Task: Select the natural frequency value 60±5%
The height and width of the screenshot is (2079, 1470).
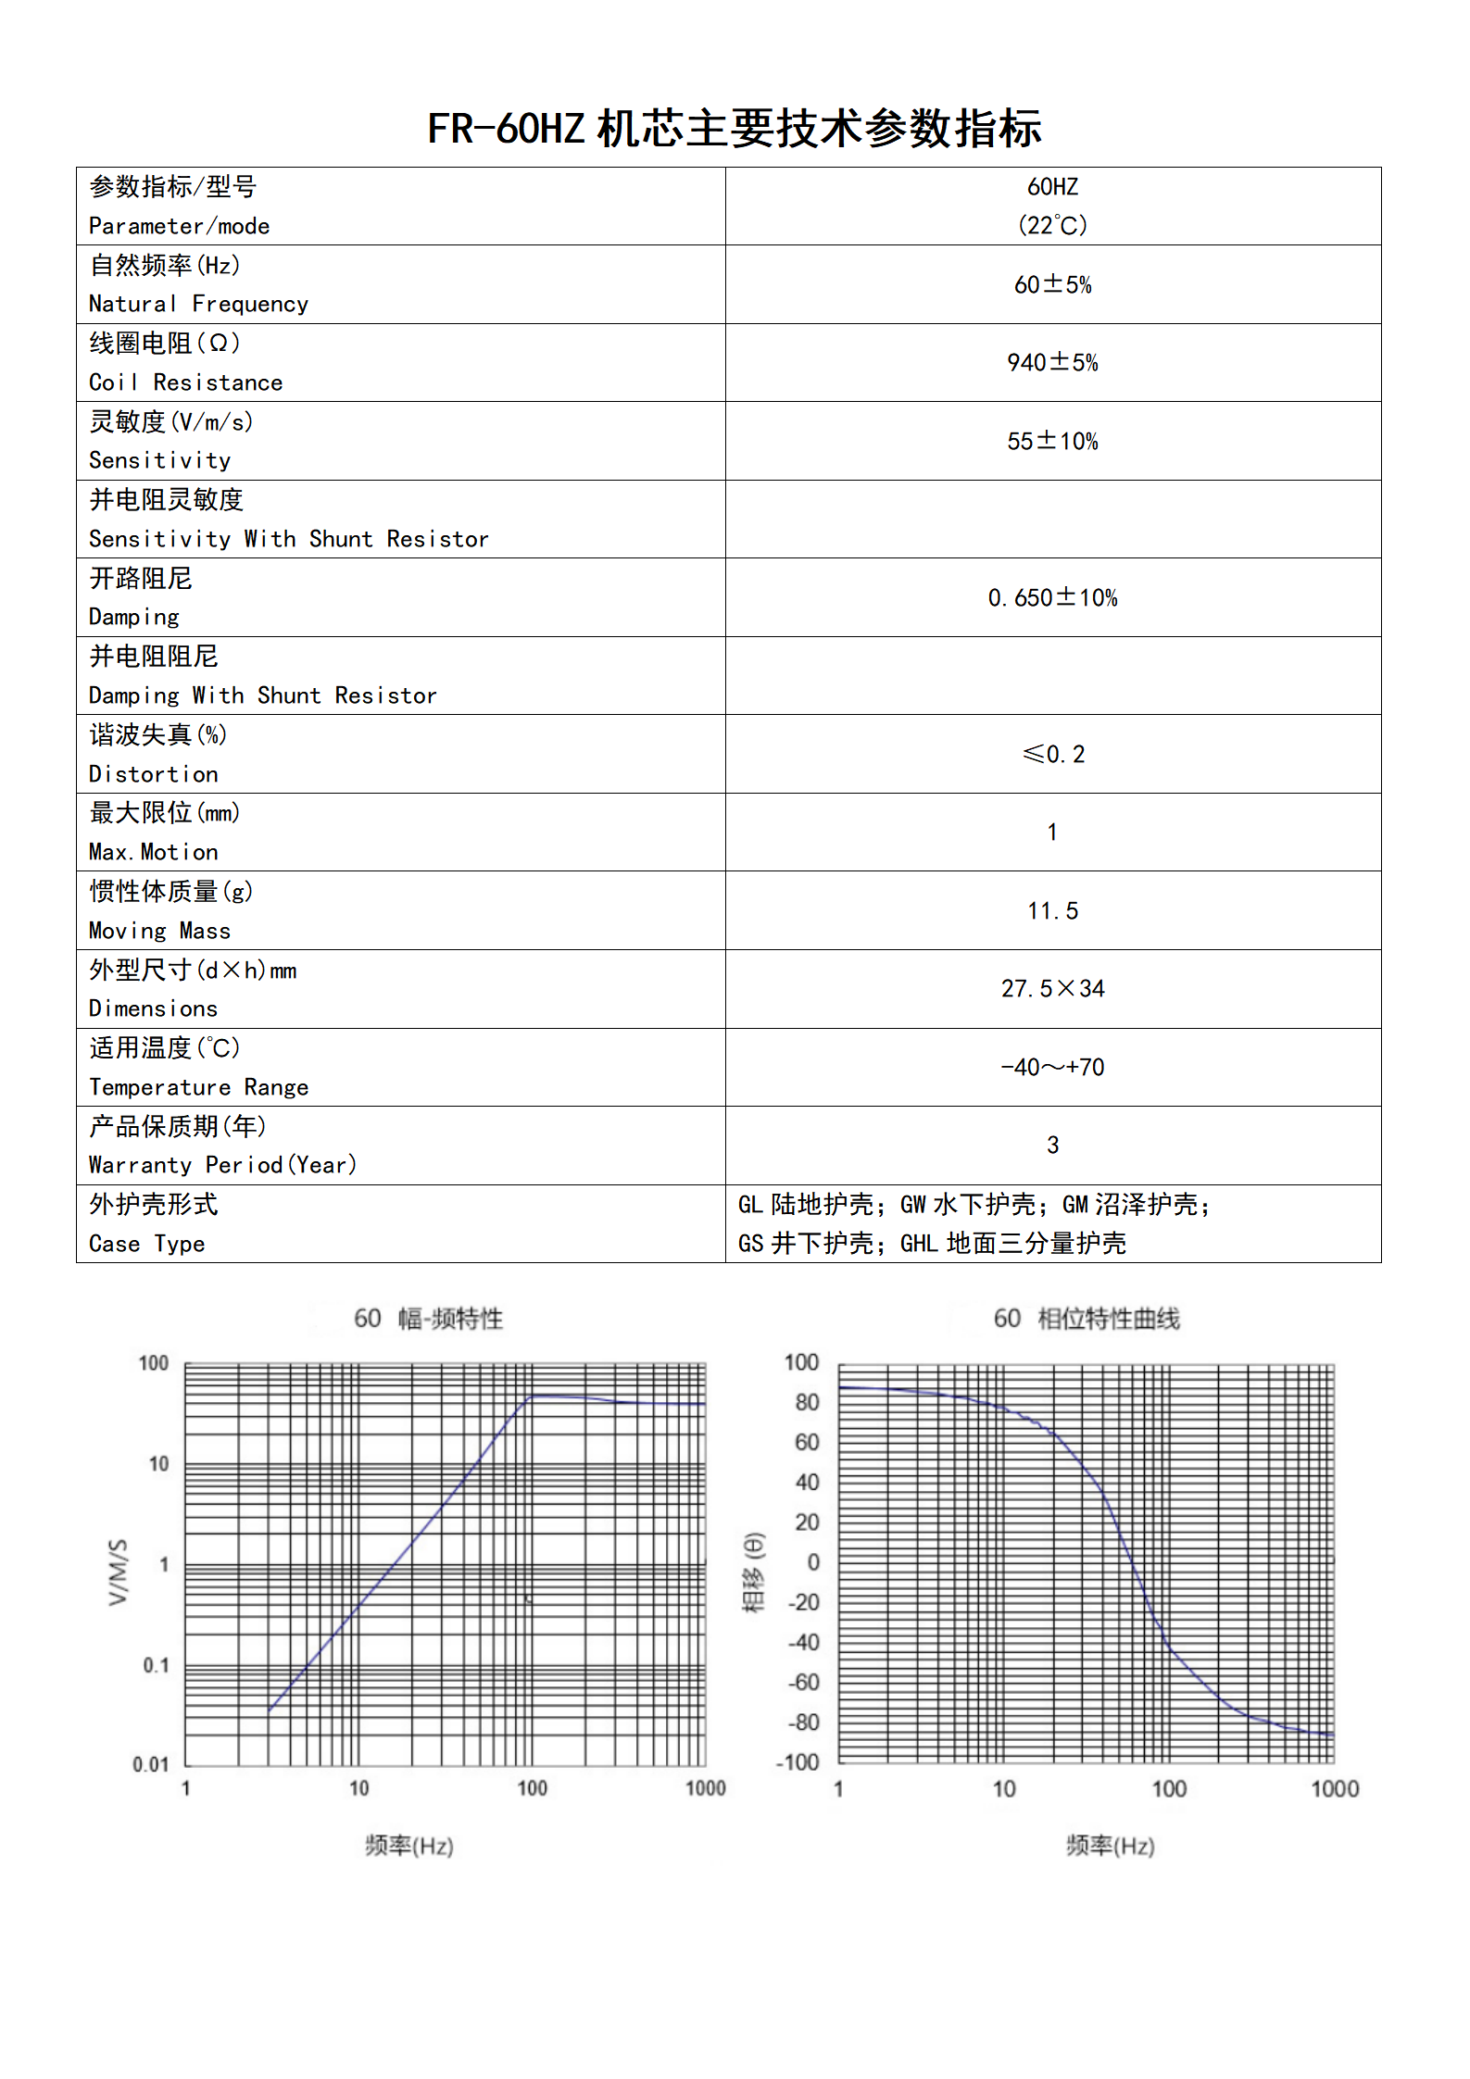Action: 1052,284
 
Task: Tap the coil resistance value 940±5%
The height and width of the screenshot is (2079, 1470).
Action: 1052,362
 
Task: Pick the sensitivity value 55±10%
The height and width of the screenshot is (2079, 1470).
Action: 1052,441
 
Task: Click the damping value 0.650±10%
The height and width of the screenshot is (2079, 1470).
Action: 1052,597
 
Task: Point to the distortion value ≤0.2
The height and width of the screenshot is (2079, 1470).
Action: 1052,754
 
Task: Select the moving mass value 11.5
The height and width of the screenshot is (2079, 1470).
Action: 1052,910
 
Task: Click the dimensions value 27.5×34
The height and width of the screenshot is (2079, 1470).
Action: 1052,988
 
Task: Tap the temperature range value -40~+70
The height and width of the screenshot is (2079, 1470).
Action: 1052,1067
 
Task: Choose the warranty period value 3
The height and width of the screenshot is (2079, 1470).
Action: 1052,1145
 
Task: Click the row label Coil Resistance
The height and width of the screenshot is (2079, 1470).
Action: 185,382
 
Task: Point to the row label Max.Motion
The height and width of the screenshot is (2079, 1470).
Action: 154,852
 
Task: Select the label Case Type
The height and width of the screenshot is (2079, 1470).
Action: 146,1244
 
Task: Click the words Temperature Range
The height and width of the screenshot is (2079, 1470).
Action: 198,1087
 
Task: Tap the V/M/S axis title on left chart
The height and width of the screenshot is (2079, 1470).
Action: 118,1572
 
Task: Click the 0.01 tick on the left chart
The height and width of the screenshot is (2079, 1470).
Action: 151,1764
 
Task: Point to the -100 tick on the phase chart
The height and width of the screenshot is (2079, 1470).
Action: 798,1762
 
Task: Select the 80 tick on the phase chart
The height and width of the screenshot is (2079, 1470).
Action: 807,1402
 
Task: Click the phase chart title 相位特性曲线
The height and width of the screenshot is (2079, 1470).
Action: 1108,1319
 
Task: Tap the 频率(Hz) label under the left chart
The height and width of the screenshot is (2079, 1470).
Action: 409,1846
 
